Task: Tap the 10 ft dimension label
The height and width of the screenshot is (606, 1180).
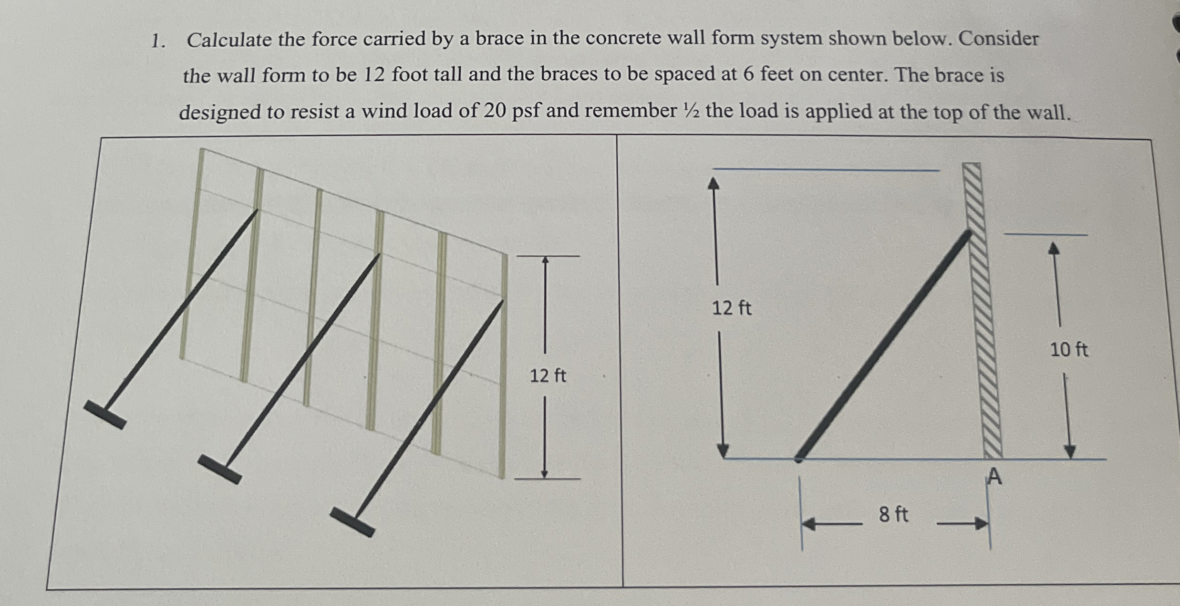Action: [x=1068, y=350]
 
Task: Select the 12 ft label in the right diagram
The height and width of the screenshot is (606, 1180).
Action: [x=731, y=308]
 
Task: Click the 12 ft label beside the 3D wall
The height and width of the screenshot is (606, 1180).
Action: [x=548, y=376]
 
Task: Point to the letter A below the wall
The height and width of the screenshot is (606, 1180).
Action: [x=994, y=476]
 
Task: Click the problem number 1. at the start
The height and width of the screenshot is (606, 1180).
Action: [x=158, y=42]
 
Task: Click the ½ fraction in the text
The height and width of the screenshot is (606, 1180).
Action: [x=691, y=111]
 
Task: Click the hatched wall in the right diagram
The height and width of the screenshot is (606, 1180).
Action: [x=982, y=310]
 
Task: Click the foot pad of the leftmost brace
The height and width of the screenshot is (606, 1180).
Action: [x=105, y=414]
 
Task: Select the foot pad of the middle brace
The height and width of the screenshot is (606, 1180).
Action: [x=219, y=469]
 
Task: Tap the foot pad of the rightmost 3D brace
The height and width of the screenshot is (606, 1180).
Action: [x=352, y=522]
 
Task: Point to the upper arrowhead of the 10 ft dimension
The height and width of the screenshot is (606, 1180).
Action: [x=1054, y=248]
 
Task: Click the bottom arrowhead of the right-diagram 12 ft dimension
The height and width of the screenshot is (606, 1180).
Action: [x=723, y=451]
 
